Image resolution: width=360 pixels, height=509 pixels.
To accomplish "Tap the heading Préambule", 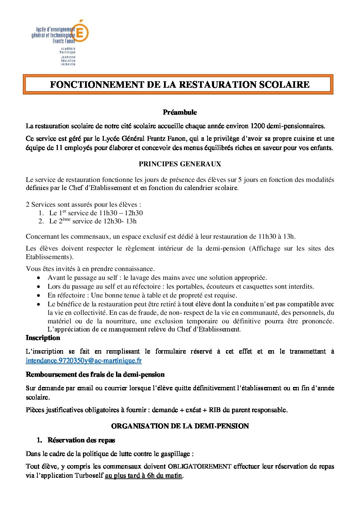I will (180, 112).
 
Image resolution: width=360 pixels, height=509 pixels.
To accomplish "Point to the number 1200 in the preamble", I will (258, 126).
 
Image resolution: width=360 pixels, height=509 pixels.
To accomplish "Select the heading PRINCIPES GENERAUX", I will (180, 164).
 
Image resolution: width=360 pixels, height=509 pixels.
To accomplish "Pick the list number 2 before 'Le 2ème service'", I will (41, 221).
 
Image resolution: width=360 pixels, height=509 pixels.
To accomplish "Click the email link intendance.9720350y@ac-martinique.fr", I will (84, 360).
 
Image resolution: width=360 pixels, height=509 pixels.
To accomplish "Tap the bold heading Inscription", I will (43, 338).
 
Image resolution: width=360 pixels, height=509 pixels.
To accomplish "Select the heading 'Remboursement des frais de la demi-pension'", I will (95, 375).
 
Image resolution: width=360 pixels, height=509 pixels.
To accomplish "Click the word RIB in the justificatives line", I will (215, 410).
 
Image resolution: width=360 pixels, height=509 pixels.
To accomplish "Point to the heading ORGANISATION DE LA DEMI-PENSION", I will (180, 426).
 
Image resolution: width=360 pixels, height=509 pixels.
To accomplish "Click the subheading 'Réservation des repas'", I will (81, 440).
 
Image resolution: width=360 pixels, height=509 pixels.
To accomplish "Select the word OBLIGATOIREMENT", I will (200, 466).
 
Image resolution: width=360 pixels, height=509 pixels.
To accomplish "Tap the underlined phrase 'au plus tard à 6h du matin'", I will (144, 476).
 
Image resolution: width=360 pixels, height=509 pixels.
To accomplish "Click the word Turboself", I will (89, 476).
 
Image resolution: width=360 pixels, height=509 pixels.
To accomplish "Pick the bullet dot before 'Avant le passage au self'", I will (39, 278).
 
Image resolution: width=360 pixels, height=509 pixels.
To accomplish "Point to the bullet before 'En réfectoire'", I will (39, 295).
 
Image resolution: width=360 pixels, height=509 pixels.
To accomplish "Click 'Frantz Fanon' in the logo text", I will (64, 41).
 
